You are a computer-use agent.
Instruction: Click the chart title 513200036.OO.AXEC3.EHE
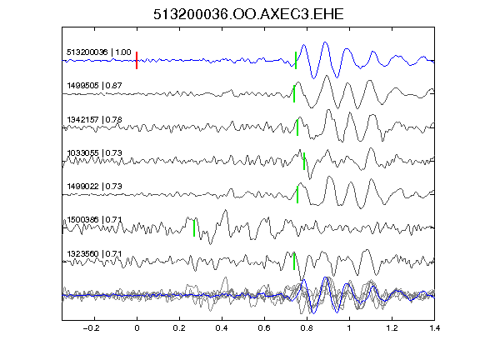[x=248, y=14]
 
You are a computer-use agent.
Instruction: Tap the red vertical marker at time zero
[x=137, y=60]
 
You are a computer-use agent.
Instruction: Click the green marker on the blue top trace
[x=296, y=60]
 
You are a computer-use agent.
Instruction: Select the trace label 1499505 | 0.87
[x=95, y=85]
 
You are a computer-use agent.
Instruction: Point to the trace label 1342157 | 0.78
[x=95, y=119]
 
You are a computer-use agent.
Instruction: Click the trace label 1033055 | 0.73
[x=95, y=152]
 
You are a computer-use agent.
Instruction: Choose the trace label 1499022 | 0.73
[x=95, y=187]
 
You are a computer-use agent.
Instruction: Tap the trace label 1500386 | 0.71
[x=95, y=220]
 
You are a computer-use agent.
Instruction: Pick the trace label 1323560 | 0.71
[x=95, y=254]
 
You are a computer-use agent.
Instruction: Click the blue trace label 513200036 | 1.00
[x=99, y=52]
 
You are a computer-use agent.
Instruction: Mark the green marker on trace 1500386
[x=194, y=228]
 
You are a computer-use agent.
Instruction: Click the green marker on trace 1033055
[x=304, y=161]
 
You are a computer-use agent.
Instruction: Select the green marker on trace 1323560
[x=294, y=262]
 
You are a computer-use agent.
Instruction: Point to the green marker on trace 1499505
[x=294, y=93]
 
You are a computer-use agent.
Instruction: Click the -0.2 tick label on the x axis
[x=91, y=328]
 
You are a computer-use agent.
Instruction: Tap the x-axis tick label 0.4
[x=222, y=328]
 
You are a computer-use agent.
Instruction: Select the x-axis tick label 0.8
[x=307, y=328]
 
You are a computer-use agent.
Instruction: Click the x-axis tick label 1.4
[x=434, y=328]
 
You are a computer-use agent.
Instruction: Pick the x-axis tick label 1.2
[x=392, y=328]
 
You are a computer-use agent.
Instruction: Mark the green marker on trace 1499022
[x=297, y=194]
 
